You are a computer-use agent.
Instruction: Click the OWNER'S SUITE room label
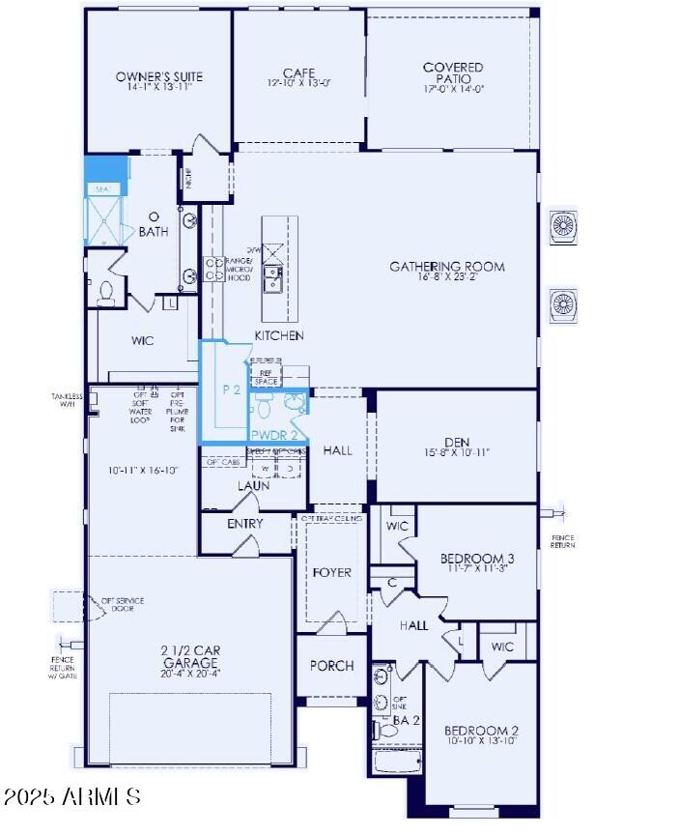point(159,76)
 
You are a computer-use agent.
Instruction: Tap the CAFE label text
point(298,72)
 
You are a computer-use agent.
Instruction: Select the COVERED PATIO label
point(453,69)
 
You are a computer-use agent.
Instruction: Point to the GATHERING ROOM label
point(447,267)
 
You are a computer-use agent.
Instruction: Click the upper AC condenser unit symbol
point(562,226)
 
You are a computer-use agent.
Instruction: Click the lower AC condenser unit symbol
point(562,305)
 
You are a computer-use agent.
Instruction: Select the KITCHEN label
point(279,335)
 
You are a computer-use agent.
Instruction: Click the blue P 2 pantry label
point(231,389)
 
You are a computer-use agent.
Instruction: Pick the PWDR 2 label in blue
point(273,435)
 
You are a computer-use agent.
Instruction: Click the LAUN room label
point(253,485)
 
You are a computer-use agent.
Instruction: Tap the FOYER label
point(332,572)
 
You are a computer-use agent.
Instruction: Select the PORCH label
point(331,666)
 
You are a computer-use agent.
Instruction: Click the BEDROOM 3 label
point(477,559)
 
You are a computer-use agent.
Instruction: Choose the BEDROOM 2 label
point(481,731)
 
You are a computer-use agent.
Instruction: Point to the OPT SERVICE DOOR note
point(123,605)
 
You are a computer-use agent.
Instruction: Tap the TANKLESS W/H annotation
point(68,400)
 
